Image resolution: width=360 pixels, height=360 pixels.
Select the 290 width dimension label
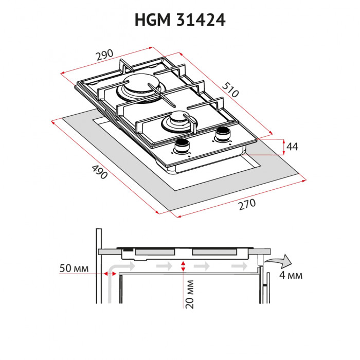(103, 56)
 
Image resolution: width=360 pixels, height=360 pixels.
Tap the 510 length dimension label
(231, 91)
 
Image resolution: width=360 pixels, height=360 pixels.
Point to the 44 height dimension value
(292, 147)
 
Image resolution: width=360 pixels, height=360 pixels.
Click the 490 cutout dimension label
(99, 172)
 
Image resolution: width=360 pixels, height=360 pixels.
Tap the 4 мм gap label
(290, 275)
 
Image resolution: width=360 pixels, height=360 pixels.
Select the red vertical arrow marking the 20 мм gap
(183, 266)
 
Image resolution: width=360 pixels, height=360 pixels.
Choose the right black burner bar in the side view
(215, 252)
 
